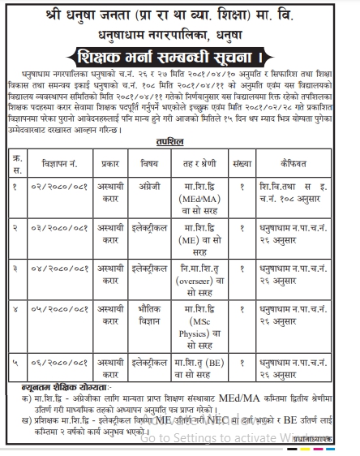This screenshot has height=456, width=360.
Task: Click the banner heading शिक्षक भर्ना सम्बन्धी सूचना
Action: [179, 60]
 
